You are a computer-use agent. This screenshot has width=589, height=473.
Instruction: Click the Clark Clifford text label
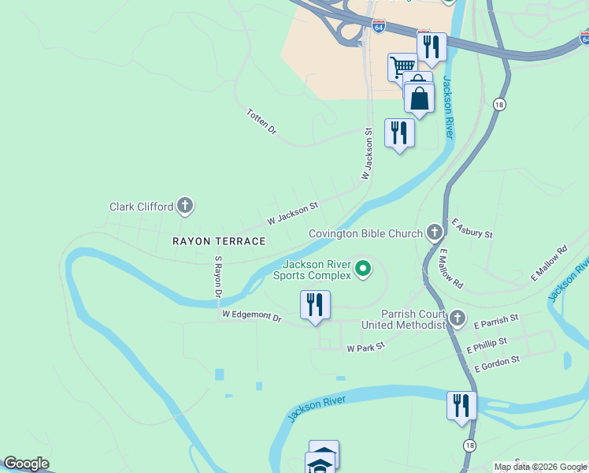(141, 207)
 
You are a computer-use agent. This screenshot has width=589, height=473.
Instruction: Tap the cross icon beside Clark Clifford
(185, 207)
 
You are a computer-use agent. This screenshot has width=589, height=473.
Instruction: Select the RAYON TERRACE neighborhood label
(220, 240)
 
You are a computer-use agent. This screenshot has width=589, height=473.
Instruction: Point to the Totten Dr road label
(262, 121)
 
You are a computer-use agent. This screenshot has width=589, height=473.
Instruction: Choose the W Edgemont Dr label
(251, 315)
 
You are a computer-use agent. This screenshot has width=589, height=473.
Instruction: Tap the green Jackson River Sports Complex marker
(363, 270)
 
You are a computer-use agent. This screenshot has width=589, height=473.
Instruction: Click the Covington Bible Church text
(365, 233)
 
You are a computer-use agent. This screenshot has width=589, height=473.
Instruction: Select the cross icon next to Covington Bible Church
(434, 232)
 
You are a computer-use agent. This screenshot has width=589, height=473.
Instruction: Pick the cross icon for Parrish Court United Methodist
(457, 318)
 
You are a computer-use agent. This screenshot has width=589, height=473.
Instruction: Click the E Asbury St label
(472, 229)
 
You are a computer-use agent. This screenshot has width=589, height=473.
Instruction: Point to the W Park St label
(365, 347)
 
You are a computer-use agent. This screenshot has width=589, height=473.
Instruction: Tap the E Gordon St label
(497, 363)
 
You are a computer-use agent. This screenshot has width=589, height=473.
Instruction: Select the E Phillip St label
(486, 345)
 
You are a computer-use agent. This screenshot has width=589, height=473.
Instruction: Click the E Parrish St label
(496, 321)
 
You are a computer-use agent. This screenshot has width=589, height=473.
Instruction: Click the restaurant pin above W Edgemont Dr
(315, 305)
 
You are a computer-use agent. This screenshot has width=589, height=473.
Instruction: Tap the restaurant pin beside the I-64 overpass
(432, 47)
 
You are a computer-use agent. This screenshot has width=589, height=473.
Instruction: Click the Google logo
(27, 464)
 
